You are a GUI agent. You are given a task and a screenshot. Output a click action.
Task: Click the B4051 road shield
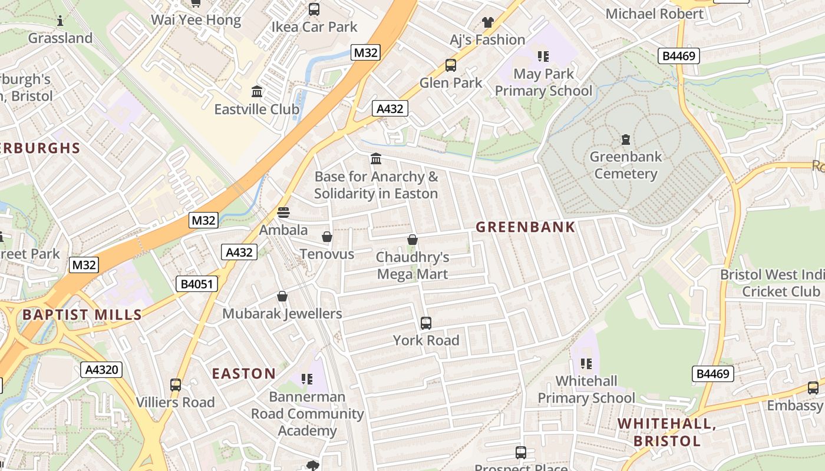(x=197, y=284)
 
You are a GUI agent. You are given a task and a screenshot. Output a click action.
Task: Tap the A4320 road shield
(x=101, y=370)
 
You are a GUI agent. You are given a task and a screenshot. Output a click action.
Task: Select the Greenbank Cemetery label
(x=626, y=165)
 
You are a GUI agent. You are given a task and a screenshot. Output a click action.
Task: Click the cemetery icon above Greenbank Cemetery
(x=625, y=140)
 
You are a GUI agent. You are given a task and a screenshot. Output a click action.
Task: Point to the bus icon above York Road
(x=426, y=323)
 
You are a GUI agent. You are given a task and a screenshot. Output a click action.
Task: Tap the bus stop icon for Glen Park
(x=451, y=65)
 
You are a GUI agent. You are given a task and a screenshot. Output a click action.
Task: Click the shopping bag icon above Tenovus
(x=327, y=237)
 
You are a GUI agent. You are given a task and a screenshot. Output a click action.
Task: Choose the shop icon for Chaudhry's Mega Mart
(x=412, y=240)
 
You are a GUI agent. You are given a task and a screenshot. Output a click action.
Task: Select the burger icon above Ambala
(x=283, y=212)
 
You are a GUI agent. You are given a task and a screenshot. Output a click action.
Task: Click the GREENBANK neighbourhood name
(x=525, y=227)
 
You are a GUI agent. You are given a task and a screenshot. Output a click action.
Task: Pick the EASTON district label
(x=243, y=374)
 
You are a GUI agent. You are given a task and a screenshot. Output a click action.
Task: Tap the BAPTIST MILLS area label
(x=82, y=315)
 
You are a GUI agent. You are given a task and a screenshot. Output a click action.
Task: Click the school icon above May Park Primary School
(x=543, y=57)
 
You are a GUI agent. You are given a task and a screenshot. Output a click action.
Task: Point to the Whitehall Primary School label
(x=586, y=390)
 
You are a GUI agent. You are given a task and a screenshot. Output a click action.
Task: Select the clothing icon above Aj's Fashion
(x=487, y=22)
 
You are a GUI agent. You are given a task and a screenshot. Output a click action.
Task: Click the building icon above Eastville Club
(x=257, y=92)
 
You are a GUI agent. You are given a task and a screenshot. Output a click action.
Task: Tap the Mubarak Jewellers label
(x=282, y=314)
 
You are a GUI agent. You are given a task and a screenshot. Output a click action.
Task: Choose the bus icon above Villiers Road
(x=176, y=385)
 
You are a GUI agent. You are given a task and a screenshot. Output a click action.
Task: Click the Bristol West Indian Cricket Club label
(x=772, y=283)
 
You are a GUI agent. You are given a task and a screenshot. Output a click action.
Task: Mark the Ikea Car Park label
(x=314, y=27)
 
